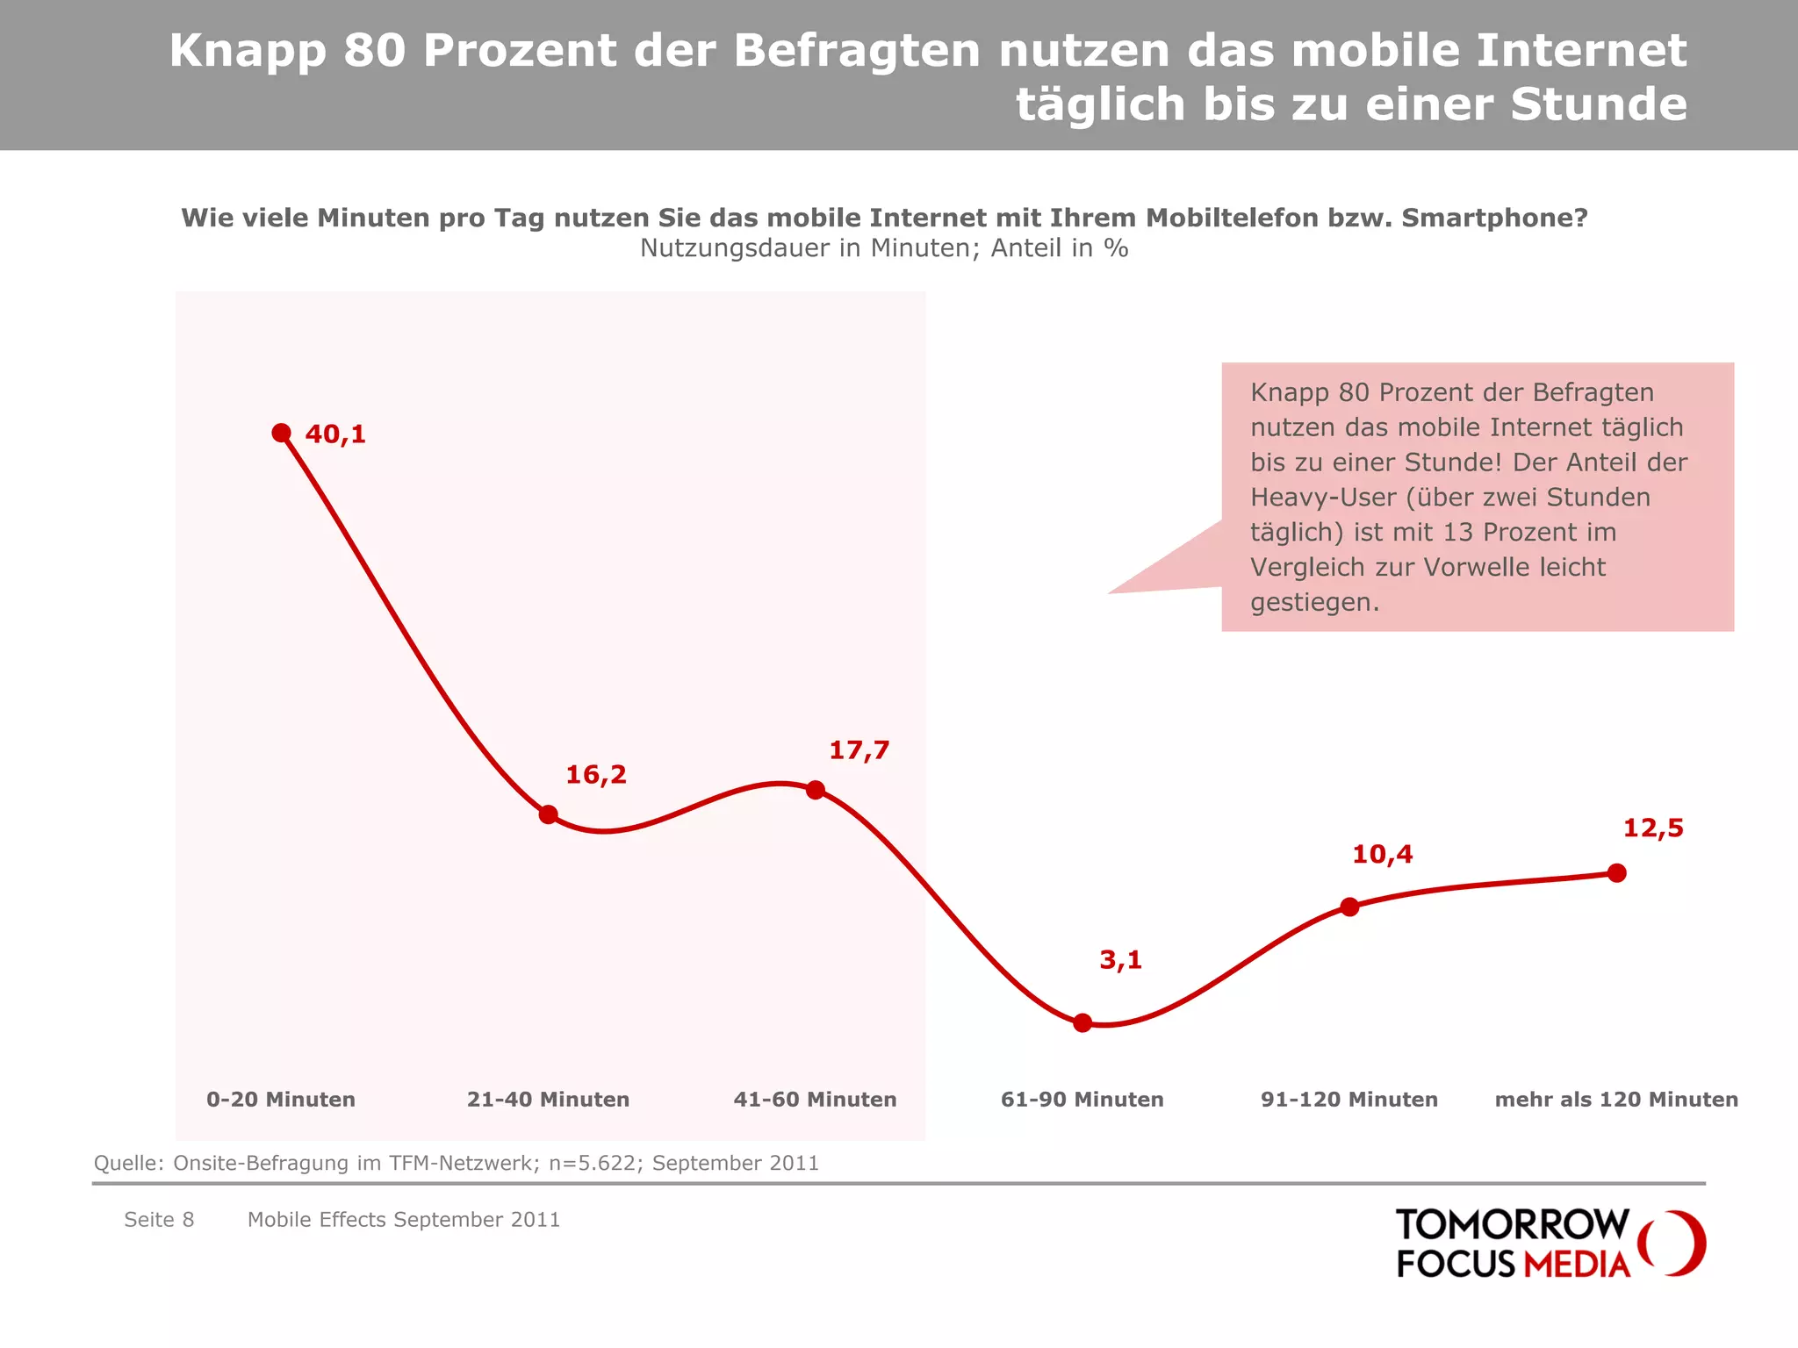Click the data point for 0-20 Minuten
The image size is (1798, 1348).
[281, 433]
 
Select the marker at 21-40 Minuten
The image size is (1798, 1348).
[548, 814]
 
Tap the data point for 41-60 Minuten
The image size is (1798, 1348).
[815, 790]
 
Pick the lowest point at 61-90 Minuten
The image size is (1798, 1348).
[1082, 1022]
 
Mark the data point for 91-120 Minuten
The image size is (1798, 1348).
[1349, 907]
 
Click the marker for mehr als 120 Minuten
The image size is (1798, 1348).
[1616, 872]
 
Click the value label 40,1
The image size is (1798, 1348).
[335, 434]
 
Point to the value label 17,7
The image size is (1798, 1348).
[859, 750]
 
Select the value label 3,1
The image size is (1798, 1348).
[1120, 960]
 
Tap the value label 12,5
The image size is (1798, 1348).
[1653, 828]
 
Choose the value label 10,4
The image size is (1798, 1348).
[1382, 855]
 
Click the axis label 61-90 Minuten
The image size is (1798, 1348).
[1082, 1100]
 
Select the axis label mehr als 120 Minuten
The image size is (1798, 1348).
[1616, 1100]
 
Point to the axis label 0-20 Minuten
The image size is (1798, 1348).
[281, 1100]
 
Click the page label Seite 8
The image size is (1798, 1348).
[159, 1220]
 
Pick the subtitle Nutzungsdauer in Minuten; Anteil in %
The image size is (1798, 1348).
[883, 248]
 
